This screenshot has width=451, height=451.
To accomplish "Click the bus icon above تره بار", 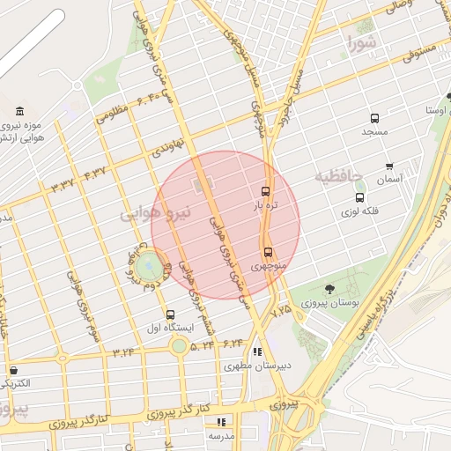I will coord(265,191).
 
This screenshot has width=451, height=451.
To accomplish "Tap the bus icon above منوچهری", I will coord(268,251).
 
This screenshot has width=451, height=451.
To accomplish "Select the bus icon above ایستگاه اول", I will coord(170,314).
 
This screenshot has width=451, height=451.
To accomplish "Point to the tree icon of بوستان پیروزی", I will coord(329,288).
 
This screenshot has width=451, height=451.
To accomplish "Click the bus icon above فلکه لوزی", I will coord(359,197).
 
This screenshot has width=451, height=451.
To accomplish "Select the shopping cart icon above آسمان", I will coord(389,166).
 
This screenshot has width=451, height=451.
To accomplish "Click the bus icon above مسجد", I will coord(374,118).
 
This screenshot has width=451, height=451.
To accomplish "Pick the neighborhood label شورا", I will coord(362,41).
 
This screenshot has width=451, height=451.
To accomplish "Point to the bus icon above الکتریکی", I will coord(14,370).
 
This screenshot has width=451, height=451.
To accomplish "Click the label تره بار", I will coord(266,205).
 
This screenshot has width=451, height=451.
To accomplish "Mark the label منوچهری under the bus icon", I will coord(268,265).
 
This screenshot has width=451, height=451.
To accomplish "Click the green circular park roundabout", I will coord(149,263).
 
